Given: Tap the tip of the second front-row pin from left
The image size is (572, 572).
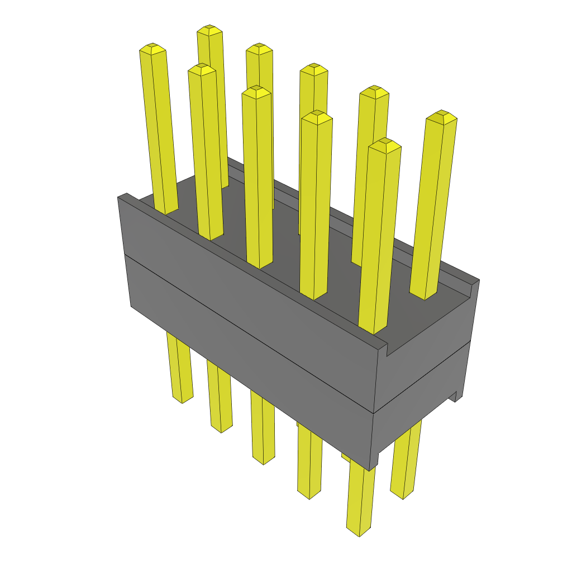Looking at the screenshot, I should tap(202, 69).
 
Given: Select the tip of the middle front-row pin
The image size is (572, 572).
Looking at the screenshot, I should tap(256, 90).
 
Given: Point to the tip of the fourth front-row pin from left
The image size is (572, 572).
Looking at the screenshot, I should tap(317, 116).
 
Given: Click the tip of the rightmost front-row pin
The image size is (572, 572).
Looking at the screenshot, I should tap(385, 144).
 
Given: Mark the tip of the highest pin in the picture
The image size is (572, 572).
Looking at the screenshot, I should tap(209, 30).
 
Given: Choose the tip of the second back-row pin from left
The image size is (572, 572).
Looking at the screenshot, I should tap(259, 48).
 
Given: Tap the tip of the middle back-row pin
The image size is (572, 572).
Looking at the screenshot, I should tap(313, 68).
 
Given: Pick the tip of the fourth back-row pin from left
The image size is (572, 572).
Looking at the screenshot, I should tap(374, 91).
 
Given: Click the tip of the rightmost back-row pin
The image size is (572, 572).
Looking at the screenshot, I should tap(441, 116).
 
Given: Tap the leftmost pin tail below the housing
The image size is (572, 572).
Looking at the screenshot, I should tap(180, 369).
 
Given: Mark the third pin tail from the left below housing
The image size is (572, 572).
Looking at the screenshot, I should tap(263, 430).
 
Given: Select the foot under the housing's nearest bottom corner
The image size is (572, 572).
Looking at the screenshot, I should tap(373, 461).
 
